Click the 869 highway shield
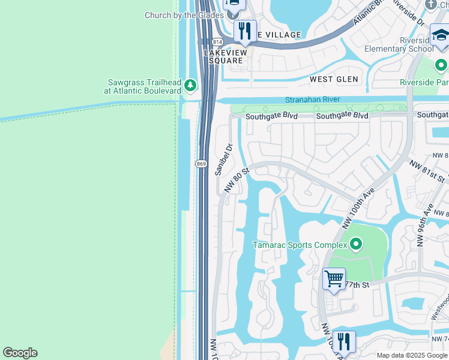coord(201,163)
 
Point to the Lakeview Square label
coord(225,57)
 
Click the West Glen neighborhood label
coord(334,79)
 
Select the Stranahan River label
coord(312,100)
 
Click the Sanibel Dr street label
coord(223,159)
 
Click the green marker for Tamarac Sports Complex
coord(356,244)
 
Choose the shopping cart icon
coord(334,279)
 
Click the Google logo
coord(20,353)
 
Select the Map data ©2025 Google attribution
coord(412,355)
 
